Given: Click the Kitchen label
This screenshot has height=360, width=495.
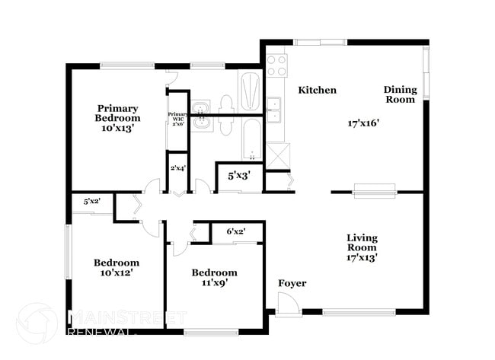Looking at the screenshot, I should coord(317,90).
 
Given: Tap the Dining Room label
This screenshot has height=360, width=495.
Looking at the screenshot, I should coord(400,94).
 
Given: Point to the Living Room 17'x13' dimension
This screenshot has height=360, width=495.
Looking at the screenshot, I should coord(362,257).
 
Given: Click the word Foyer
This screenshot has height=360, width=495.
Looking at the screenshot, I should coord(292,283).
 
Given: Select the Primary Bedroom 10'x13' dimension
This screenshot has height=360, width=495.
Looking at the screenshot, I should coord(117,129).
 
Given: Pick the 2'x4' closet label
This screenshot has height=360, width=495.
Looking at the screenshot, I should coord(177,167).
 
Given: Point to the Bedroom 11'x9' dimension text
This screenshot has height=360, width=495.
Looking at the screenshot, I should coord(214,282).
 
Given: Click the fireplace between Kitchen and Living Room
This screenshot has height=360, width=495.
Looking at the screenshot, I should coord(375,190).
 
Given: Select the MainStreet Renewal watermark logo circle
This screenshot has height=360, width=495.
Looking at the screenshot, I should coord(36,323).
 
